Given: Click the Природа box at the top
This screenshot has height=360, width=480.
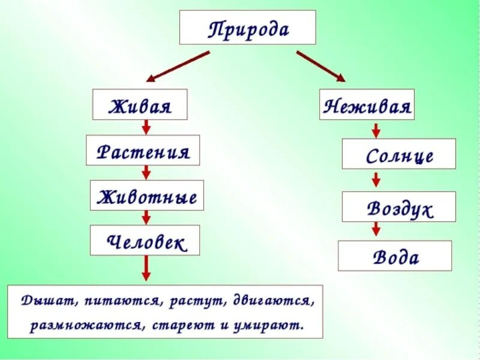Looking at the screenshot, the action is pyautogui.click(x=247, y=28).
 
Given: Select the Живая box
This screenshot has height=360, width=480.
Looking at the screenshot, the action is pyautogui.click(x=139, y=105).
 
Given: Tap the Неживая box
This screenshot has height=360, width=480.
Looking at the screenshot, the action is pyautogui.click(x=367, y=105).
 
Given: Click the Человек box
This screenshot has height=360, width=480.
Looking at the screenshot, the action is pyautogui.click(x=145, y=241).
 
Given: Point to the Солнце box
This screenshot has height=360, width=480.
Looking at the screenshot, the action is pyautogui.click(x=399, y=154).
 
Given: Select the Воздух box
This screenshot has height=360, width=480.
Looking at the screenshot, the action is pyautogui.click(x=399, y=207).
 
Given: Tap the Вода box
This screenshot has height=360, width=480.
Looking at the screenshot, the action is pyautogui.click(x=395, y=256).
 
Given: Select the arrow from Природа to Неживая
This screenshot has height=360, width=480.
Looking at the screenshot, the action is pyautogui.click(x=320, y=66).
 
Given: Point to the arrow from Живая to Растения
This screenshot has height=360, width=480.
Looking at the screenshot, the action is pyautogui.click(x=146, y=127).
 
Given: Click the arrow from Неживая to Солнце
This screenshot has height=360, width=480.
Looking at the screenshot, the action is pyautogui.click(x=376, y=130).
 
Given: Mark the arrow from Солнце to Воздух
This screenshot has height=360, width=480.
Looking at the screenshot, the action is pyautogui.click(x=376, y=180).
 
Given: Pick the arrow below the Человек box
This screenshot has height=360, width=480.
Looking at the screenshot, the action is pyautogui.click(x=146, y=268).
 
